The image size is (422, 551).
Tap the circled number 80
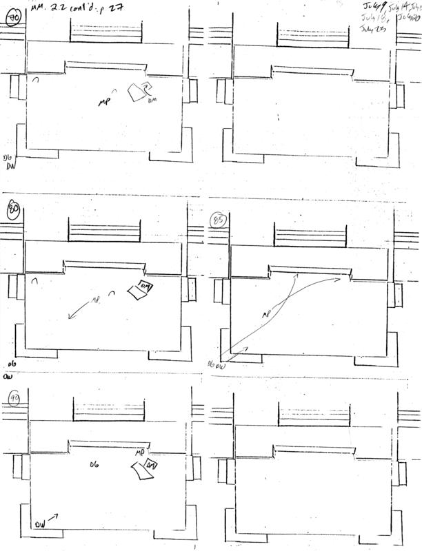(12, 207)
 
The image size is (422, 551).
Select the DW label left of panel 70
(10, 166)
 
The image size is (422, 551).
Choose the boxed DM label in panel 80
(145, 286)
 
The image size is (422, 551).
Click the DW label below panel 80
(8, 377)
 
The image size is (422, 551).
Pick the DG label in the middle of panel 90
(96, 466)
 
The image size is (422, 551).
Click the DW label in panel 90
(40, 525)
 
